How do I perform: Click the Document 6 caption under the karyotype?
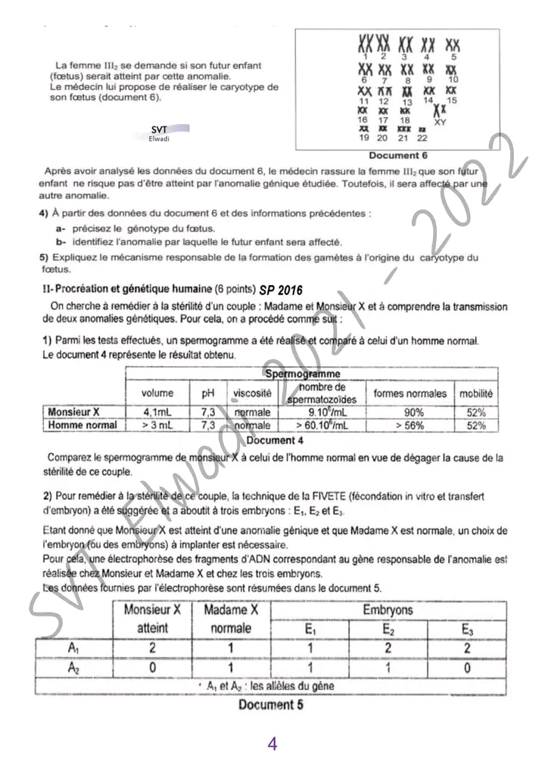[398, 155]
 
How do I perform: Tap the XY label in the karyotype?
[440, 121]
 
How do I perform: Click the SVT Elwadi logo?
[160, 133]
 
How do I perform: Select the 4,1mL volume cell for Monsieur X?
[157, 412]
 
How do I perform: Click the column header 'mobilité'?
[475, 393]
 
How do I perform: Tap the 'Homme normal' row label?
[83, 425]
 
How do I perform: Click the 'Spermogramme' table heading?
[302, 374]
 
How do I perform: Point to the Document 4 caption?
[275, 439]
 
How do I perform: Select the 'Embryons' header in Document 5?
[387, 609]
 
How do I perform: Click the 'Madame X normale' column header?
[232, 618]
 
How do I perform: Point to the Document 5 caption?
[266, 705]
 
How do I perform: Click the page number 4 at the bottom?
[272, 744]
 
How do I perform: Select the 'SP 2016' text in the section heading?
[280, 290]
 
